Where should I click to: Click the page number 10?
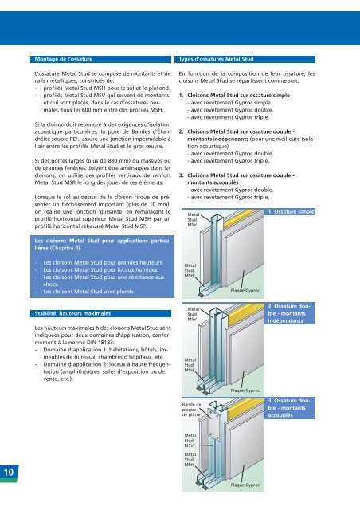(x=9, y=472)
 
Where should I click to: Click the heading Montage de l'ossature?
(x=64, y=59)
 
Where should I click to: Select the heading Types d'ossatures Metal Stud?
(x=216, y=59)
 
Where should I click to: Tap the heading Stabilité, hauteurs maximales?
(x=72, y=313)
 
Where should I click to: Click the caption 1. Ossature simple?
(x=291, y=212)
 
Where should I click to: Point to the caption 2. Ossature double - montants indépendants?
(x=289, y=313)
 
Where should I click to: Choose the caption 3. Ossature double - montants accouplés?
(x=289, y=408)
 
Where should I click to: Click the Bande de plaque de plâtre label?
(x=191, y=410)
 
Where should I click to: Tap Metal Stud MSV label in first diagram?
(x=194, y=220)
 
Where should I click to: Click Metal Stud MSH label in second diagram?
(x=190, y=365)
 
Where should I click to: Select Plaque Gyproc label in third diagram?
(x=245, y=485)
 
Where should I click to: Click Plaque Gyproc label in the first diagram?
(x=245, y=290)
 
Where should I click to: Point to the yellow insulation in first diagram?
(x=240, y=218)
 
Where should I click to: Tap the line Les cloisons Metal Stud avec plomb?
(x=88, y=292)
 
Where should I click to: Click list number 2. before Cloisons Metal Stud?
(x=181, y=131)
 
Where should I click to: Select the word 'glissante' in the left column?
(x=106, y=211)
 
